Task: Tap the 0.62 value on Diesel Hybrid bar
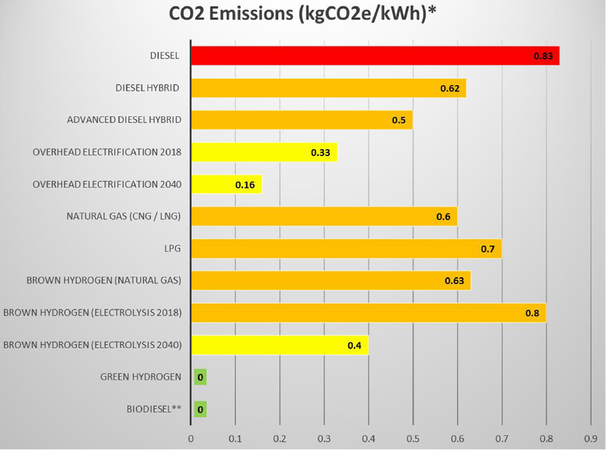(x=449, y=88)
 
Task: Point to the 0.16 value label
(x=244, y=185)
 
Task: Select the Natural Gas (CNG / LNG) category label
(x=124, y=217)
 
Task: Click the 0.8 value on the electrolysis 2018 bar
(x=532, y=313)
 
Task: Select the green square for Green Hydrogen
(x=200, y=377)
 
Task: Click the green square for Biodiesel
(x=200, y=409)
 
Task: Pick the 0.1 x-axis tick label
(x=235, y=438)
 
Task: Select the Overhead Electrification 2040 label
(x=107, y=184)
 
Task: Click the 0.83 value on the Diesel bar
(x=542, y=56)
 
